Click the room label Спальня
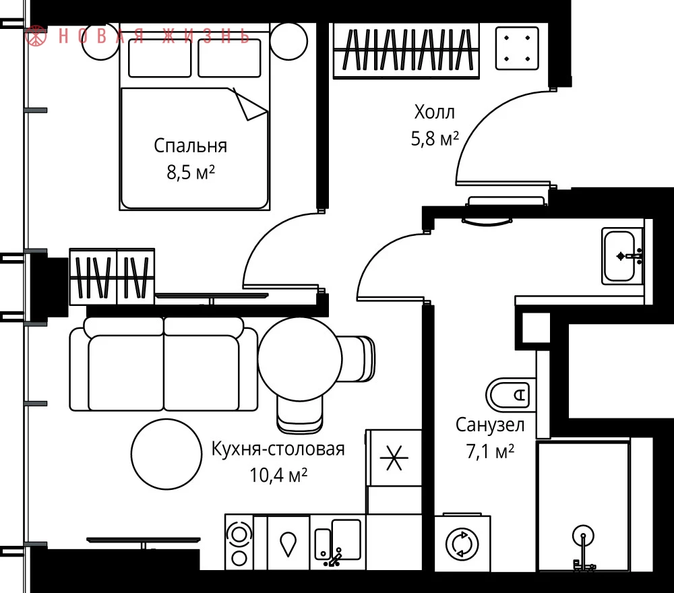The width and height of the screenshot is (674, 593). [x=191, y=146]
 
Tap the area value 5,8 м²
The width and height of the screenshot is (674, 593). [x=435, y=138]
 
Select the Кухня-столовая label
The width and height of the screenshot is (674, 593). [x=278, y=449]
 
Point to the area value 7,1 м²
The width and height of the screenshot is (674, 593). [x=490, y=451]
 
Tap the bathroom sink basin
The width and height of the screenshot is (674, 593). [x=619, y=257]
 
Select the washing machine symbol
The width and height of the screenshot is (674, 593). [x=462, y=544]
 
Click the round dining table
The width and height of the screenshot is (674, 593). [x=300, y=358]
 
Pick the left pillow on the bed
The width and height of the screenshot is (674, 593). [x=160, y=58]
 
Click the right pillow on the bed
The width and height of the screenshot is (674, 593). [x=230, y=58]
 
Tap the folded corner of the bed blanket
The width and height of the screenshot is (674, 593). [x=250, y=105]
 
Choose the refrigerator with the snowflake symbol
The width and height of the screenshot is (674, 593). [x=394, y=458]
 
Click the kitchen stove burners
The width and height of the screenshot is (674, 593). [x=239, y=542]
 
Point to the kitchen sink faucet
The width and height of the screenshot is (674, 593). [x=335, y=557]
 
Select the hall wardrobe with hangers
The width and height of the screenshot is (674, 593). [x=406, y=51]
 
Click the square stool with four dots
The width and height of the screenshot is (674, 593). [x=517, y=48]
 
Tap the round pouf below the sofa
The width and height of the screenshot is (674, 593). [x=166, y=454]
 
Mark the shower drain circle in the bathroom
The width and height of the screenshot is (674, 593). [x=583, y=536]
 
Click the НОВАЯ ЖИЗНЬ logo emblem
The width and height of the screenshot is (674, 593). [x=36, y=36]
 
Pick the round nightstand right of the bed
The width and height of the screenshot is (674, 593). [x=289, y=41]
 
